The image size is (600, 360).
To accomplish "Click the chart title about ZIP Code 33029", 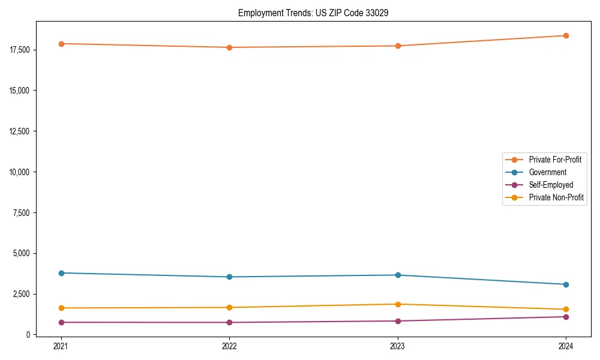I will click(x=313, y=13).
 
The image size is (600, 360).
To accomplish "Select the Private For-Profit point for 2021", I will click(x=61, y=44).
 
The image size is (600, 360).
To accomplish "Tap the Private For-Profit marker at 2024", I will click(x=566, y=35).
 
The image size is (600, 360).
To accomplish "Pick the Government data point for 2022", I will click(x=229, y=277).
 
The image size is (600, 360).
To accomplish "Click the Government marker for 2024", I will click(x=566, y=284).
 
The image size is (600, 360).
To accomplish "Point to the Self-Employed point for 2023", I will click(x=398, y=321).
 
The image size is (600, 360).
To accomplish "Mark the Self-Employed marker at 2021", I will click(x=61, y=322).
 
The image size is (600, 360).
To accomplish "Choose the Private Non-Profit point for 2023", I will click(x=398, y=304).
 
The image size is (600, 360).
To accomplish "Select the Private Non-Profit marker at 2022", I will click(x=229, y=308).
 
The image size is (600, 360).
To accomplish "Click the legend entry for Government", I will click(x=547, y=172).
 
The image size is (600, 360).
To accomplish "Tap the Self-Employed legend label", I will click(x=551, y=185).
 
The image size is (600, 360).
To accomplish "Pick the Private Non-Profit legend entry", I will click(x=556, y=197).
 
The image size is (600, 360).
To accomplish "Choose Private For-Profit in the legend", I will click(x=555, y=160).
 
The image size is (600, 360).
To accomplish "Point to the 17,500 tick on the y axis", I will click(x=21, y=50).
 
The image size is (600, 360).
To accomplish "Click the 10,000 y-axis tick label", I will click(x=21, y=172).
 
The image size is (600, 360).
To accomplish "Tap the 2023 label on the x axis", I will click(x=398, y=346).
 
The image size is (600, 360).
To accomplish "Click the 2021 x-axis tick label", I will click(x=61, y=346).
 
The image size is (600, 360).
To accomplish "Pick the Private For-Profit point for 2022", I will click(x=229, y=47).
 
